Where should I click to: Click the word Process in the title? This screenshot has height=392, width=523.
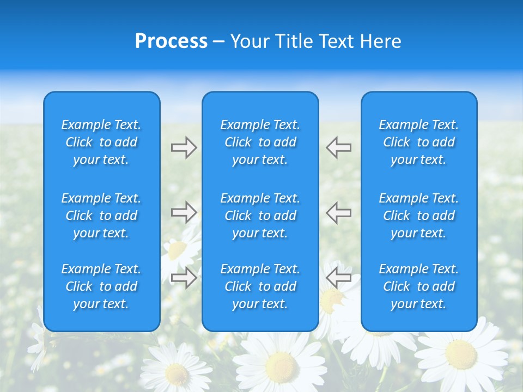coord(171,41)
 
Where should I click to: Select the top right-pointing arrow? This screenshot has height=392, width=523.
coord(184,148)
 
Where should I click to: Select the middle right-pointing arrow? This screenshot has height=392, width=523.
coord(184,212)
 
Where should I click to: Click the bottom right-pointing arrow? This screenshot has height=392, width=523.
coord(184,277)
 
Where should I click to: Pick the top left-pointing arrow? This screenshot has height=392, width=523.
coord(338,147)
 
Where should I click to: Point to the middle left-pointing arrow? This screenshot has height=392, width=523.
coord(338,212)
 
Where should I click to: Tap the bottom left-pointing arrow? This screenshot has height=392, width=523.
coord(338,277)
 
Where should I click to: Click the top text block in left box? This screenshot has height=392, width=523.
coord(101,142)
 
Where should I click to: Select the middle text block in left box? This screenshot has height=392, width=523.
coord(101,216)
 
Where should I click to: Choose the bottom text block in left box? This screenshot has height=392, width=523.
coord(101,286)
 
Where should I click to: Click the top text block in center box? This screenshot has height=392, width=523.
coord(260,142)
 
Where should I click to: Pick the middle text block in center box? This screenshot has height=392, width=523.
coord(260,216)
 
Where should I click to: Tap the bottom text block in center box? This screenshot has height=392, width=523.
coord(260,286)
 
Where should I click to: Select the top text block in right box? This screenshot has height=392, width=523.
coord(418,142)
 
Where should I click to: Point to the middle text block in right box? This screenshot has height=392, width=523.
coord(418,216)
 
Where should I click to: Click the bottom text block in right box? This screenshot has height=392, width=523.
coord(418,286)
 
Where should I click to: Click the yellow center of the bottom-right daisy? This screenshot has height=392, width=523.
coord(460,354)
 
